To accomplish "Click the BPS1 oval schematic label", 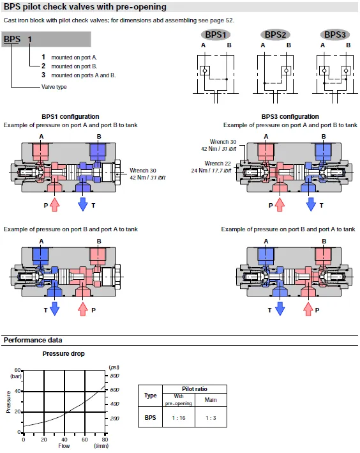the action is (215, 35).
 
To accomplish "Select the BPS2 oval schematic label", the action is (275, 35).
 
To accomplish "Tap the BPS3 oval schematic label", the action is (335, 35).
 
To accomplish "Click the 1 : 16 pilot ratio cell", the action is (179, 417).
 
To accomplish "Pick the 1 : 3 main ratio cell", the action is (211, 417).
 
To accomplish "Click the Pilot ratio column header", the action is (195, 389).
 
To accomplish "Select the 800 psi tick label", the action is (115, 376).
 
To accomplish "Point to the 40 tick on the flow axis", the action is (64, 440).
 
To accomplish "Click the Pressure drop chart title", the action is (64, 353).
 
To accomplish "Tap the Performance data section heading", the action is (33, 340).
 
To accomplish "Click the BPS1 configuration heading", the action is (70, 116).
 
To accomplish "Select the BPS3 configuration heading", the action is (290, 116).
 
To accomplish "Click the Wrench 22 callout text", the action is (218, 164).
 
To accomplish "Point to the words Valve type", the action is (54, 87).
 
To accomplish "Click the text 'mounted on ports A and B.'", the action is (84, 75).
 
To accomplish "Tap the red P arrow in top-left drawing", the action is (54, 204).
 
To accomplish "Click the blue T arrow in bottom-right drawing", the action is (280, 309).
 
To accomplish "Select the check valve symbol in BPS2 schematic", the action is (286, 70).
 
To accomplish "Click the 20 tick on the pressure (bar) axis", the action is (18, 411).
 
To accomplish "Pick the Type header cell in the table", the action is (151, 395).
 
